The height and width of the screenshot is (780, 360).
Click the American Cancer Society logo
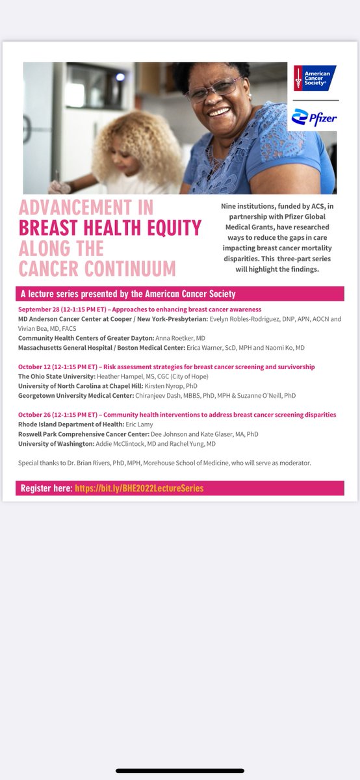tap(315, 78)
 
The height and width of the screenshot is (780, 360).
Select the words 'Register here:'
tap(46, 488)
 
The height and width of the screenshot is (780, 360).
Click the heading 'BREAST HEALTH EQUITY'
tap(110, 227)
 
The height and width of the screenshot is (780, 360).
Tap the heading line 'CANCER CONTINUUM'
tap(97, 268)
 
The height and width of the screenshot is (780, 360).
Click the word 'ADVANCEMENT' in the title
tap(86, 208)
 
